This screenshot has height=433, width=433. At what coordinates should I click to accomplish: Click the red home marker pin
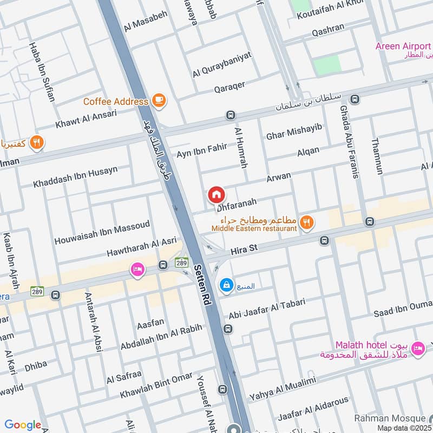(x=216, y=194)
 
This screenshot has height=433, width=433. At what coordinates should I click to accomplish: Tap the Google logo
(x=23, y=424)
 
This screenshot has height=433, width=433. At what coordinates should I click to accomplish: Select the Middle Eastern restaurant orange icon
(x=306, y=222)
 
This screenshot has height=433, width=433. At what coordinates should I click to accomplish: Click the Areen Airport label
(x=404, y=46)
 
